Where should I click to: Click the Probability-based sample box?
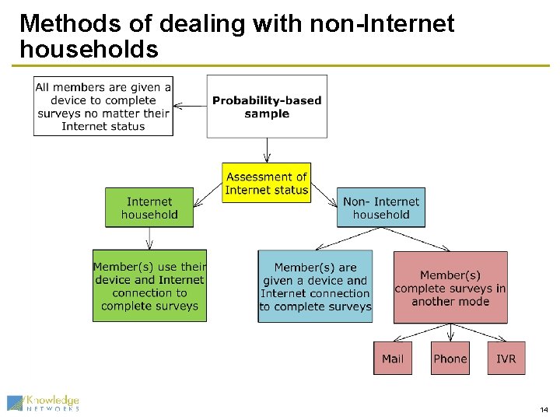click(x=267, y=107)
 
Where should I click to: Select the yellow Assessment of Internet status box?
click(x=266, y=183)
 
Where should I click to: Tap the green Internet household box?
click(x=149, y=208)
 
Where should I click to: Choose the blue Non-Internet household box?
click(x=381, y=208)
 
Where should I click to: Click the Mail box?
click(x=393, y=359)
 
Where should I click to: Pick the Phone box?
click(x=450, y=359)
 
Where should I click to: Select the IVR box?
click(x=506, y=359)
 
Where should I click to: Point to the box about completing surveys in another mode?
click(x=450, y=287)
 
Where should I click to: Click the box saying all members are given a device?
click(x=103, y=107)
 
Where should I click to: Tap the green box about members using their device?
click(x=149, y=285)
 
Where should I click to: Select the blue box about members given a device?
click(x=315, y=286)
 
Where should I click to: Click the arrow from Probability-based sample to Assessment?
click(x=267, y=150)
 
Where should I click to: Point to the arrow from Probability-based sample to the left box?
click(x=190, y=107)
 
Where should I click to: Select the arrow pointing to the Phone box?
click(x=450, y=333)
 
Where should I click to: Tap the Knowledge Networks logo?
click(x=43, y=402)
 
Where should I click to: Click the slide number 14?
click(x=543, y=410)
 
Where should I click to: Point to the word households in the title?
click(x=89, y=50)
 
